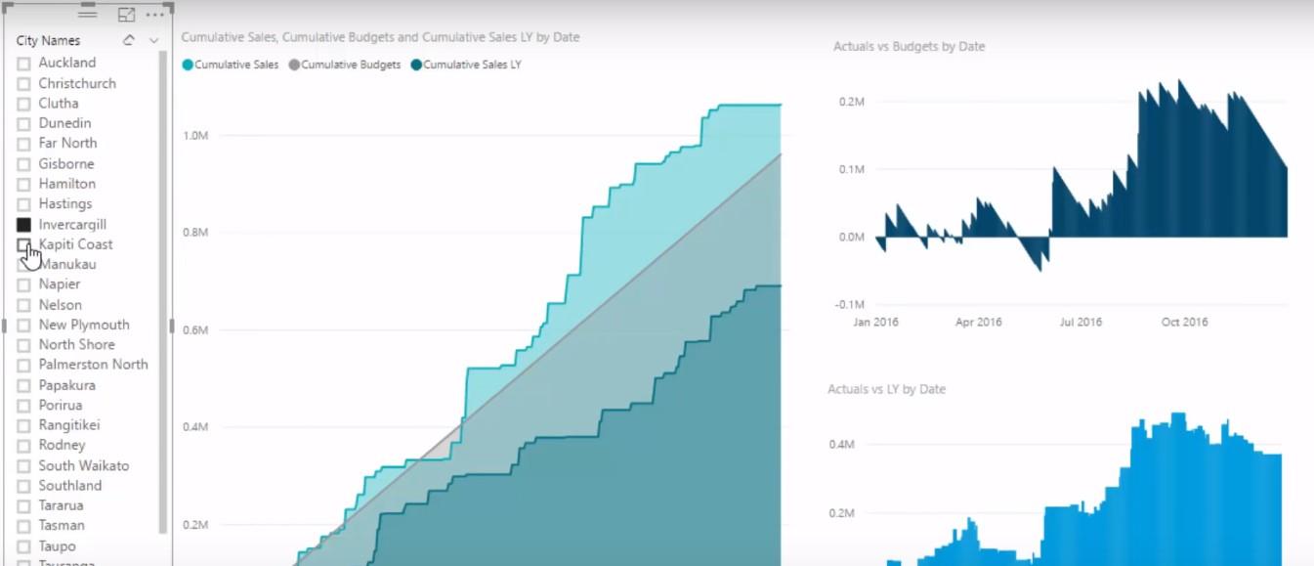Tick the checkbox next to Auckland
pyautogui.click(x=24, y=64)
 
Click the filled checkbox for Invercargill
pyautogui.click(x=24, y=225)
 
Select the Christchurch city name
pyautogui.click(x=77, y=83)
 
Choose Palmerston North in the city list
pyautogui.click(x=93, y=365)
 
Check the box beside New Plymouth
pyautogui.click(x=24, y=326)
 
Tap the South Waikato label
pyautogui.click(x=83, y=465)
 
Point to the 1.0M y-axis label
pyautogui.click(x=195, y=135)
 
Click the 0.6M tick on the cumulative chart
pyautogui.click(x=195, y=329)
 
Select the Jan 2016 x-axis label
pyautogui.click(x=875, y=322)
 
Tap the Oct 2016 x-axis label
pyautogui.click(x=1184, y=322)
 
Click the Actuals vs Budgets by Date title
pyautogui.click(x=909, y=46)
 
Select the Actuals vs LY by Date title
pyautogui.click(x=886, y=389)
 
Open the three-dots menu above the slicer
pyautogui.click(x=154, y=15)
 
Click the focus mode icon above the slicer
pyautogui.click(x=126, y=15)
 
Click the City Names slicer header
pyautogui.click(x=48, y=40)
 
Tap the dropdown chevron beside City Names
pyautogui.click(x=153, y=40)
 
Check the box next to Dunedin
pyautogui.click(x=24, y=124)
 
